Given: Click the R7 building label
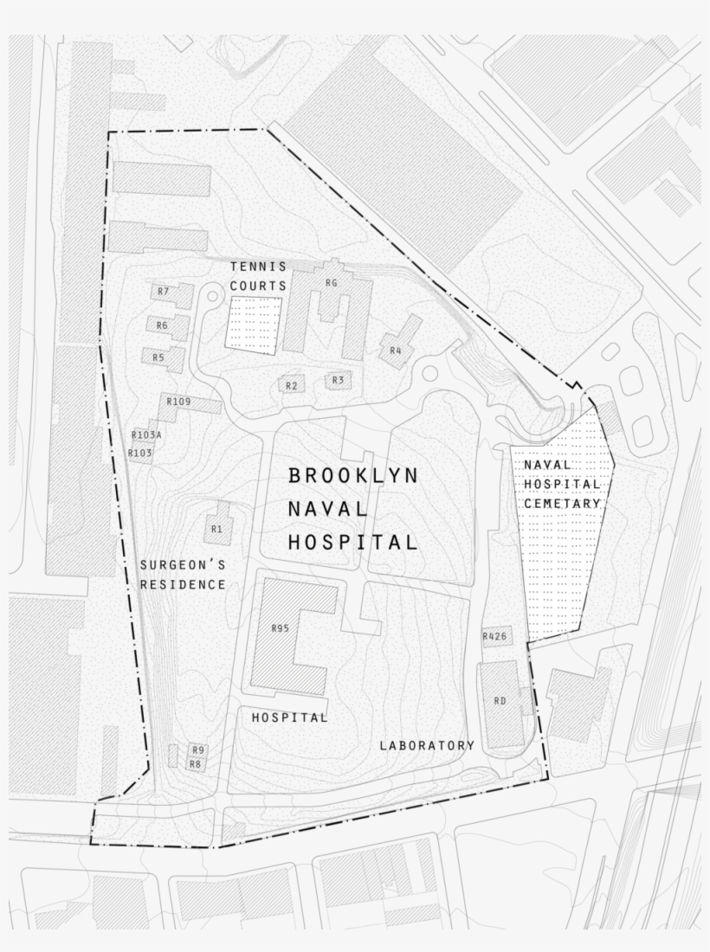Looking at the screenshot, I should [163, 292].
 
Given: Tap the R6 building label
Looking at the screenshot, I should [162, 325].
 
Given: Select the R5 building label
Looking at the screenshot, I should [158, 357].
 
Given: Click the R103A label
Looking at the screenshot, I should [146, 434].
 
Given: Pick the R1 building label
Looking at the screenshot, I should [216, 527].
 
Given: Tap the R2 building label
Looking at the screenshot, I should [291, 385].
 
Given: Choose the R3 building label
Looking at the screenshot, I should [338, 380].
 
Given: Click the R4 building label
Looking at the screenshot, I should [395, 351].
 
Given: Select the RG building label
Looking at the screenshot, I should [331, 283].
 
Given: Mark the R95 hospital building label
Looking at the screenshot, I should [280, 628].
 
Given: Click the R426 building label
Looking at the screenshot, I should [494, 637].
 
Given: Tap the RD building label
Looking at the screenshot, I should [500, 701].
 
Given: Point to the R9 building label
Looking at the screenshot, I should [198, 749].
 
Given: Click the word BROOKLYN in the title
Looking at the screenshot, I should [353, 475].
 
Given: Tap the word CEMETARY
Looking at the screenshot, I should [561, 503].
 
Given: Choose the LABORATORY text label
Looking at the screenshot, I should [427, 745].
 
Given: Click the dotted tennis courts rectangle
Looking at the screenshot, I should [254, 323].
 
